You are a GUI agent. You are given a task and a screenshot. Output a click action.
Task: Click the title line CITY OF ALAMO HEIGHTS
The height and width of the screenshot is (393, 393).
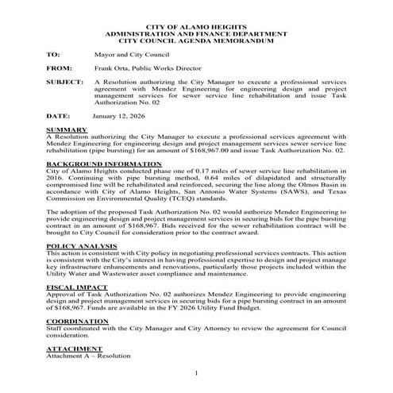click(195, 28)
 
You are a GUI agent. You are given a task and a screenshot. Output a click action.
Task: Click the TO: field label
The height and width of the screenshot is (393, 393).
click(52, 56)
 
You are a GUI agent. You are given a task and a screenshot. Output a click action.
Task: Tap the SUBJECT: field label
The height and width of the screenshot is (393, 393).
click(64, 83)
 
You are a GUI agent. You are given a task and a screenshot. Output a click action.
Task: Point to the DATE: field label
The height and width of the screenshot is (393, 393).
click(57, 116)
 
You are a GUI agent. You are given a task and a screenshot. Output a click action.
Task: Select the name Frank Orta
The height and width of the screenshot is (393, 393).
click(110, 69)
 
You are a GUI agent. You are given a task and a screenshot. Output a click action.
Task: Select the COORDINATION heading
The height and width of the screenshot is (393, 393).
click(76, 322)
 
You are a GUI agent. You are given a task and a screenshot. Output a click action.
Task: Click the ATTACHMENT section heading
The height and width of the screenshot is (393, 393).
click(72, 349)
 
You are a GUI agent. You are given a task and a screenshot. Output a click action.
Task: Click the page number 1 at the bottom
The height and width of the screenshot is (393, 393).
click(195, 372)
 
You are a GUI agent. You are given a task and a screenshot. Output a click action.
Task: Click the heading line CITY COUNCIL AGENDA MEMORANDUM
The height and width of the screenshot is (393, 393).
click(195, 42)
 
